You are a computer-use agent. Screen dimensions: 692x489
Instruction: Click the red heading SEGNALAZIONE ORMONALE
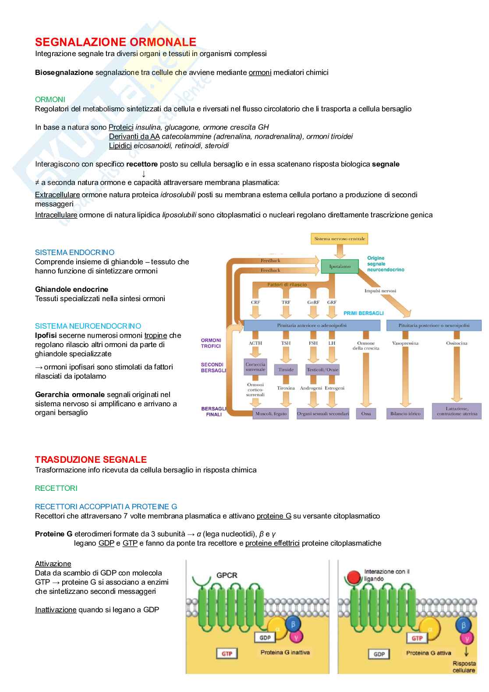[x=116, y=42]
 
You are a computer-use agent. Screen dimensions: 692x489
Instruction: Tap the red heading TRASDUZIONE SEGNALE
[x=91, y=459]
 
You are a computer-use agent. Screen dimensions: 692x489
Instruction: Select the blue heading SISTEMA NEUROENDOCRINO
[x=88, y=326]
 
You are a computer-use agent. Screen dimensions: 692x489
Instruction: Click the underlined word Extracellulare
[x=57, y=195]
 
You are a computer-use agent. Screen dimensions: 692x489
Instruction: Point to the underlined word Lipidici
[x=120, y=145]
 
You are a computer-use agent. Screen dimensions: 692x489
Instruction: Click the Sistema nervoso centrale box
[x=340, y=239]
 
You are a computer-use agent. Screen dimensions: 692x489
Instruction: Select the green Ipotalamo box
[x=340, y=266]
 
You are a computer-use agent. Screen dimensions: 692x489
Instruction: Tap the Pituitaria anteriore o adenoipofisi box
[x=312, y=326]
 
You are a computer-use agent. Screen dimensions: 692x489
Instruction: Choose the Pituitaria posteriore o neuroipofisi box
[x=433, y=326]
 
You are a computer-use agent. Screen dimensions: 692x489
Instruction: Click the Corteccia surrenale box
[x=255, y=367]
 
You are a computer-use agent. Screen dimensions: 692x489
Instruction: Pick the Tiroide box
[x=286, y=369]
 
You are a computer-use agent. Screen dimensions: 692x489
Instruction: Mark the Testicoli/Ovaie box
[x=322, y=369]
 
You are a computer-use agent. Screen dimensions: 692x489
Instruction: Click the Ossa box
[x=366, y=413]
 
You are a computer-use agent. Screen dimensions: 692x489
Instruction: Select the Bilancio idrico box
[x=405, y=413]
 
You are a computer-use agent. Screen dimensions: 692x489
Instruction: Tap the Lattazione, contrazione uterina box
[x=457, y=411]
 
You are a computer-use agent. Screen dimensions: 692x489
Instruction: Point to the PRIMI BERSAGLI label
[x=363, y=313]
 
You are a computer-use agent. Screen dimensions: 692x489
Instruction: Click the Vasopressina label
[x=405, y=343]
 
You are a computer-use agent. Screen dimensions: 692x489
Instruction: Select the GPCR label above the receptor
[x=227, y=575]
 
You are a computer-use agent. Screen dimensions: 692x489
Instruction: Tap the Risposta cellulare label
[x=464, y=667]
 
